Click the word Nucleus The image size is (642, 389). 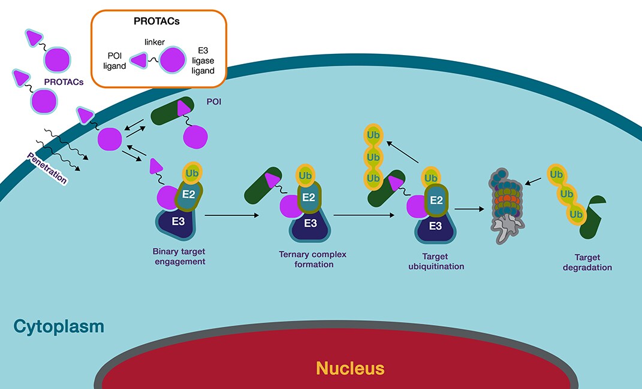click(350, 367)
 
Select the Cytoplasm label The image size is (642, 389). click(59, 327)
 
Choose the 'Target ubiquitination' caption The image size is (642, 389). click(436, 262)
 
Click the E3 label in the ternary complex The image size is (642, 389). click(310, 223)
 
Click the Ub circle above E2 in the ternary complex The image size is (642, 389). click(305, 175)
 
